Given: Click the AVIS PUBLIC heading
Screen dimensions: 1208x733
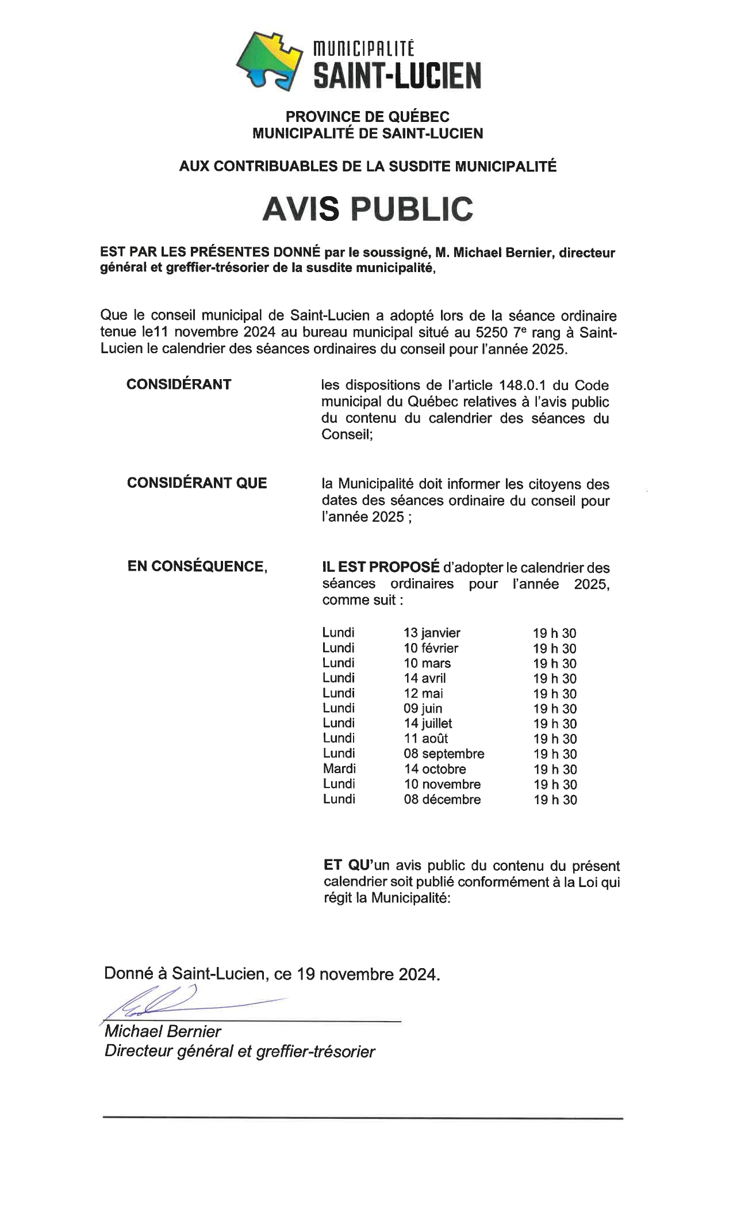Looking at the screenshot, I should point(367,209).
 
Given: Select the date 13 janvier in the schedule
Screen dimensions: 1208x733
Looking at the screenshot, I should point(432,633).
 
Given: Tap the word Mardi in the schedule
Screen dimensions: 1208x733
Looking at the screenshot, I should point(339,769).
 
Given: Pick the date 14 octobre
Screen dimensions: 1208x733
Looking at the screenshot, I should point(435,769).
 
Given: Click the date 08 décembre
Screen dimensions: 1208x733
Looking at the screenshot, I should point(442,799).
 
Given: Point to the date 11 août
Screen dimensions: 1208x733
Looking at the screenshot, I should point(425,739).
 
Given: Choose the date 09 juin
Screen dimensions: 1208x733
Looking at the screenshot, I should point(423,709).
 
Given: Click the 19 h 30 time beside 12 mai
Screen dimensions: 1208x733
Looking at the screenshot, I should point(554,694).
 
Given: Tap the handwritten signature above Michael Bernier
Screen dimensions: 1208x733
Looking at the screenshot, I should point(172,1001).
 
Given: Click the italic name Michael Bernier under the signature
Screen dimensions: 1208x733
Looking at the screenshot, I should point(163,1031).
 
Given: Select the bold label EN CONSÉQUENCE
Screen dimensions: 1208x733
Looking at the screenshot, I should point(197,567).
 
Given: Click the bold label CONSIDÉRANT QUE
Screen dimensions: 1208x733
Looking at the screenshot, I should point(197,483).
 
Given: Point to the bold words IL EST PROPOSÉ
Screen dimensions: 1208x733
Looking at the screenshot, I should point(380,567).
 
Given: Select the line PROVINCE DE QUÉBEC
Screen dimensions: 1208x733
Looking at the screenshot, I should point(367,117).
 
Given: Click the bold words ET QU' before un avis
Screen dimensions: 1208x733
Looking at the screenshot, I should point(348,866).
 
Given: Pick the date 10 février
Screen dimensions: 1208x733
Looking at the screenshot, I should point(431,648).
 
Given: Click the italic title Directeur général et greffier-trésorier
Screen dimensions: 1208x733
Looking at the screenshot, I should point(239,1052).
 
